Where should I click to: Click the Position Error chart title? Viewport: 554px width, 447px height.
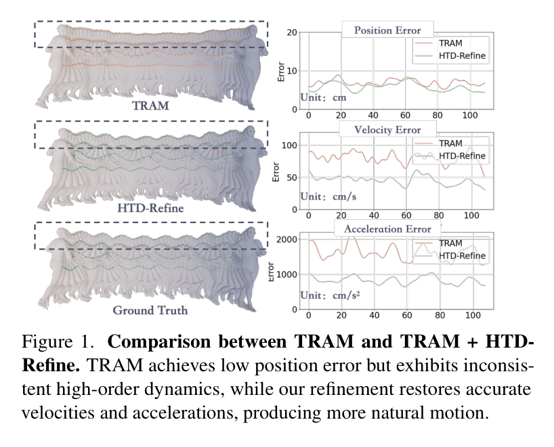[387, 30]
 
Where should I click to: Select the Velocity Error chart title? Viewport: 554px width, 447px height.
[387, 130]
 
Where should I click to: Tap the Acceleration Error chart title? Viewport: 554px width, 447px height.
[387, 229]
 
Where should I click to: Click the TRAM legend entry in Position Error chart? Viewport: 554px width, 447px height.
[450, 43]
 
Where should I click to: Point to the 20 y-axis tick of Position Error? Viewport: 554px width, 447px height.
[292, 32]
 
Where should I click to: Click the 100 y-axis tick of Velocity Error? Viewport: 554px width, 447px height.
[289, 145]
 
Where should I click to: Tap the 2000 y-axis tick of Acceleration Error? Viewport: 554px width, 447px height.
[286, 239]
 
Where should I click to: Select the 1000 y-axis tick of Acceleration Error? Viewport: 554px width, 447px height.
[286, 275]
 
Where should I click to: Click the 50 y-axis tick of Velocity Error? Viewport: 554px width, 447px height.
[292, 177]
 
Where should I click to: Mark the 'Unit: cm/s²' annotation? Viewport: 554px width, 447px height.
[330, 295]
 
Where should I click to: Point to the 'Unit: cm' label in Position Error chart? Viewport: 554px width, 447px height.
[323, 97]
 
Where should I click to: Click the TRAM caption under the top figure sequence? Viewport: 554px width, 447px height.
[150, 105]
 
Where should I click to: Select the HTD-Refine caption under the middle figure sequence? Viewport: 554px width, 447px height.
[150, 208]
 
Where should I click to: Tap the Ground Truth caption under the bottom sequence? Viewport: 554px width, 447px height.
[150, 310]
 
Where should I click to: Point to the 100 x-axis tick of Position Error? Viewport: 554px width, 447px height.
[470, 116]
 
